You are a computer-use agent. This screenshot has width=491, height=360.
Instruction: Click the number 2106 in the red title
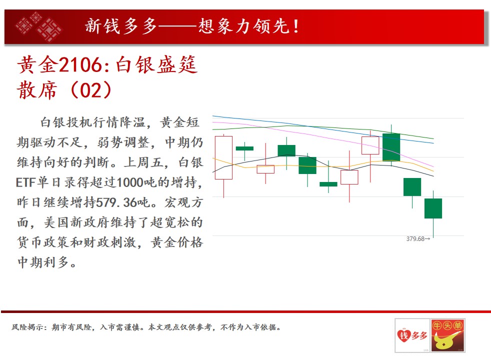point(80,65)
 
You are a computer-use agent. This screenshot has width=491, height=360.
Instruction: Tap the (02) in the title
point(91,90)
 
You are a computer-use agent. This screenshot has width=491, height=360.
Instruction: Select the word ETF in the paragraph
point(25,182)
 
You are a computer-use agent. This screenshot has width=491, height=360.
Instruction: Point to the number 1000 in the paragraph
point(129,182)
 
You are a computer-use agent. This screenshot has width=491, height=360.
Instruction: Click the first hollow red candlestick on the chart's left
point(223,158)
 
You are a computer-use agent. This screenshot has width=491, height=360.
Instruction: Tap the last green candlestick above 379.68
point(433,208)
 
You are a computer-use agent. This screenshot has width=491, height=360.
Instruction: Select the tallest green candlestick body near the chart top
point(391,147)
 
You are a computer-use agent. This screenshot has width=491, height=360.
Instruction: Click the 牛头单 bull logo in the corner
point(447,335)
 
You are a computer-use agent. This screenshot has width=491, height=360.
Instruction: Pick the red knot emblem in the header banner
point(39,27)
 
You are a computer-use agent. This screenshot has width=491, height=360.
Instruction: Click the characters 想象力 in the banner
point(225,26)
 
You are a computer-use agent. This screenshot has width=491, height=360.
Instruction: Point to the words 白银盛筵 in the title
point(156,65)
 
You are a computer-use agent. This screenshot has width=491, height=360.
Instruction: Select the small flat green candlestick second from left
point(244,148)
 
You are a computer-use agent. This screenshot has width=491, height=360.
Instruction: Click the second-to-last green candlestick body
point(412,187)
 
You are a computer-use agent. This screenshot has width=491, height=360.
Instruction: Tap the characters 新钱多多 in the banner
point(121,26)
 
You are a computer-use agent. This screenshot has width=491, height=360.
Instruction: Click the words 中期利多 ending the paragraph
point(43,262)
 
